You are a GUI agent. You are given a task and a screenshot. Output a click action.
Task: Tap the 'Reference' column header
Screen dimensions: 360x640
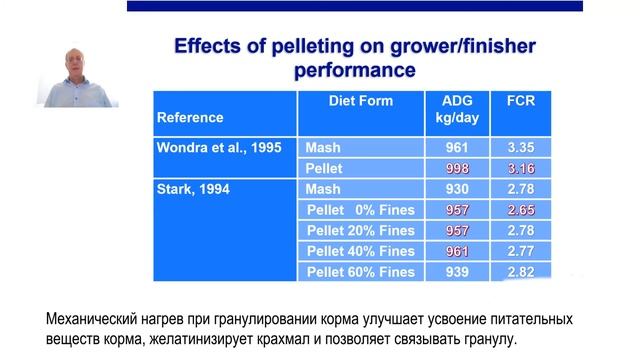[190, 117]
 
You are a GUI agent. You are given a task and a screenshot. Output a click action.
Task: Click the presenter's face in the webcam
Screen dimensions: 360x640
[73, 65]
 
